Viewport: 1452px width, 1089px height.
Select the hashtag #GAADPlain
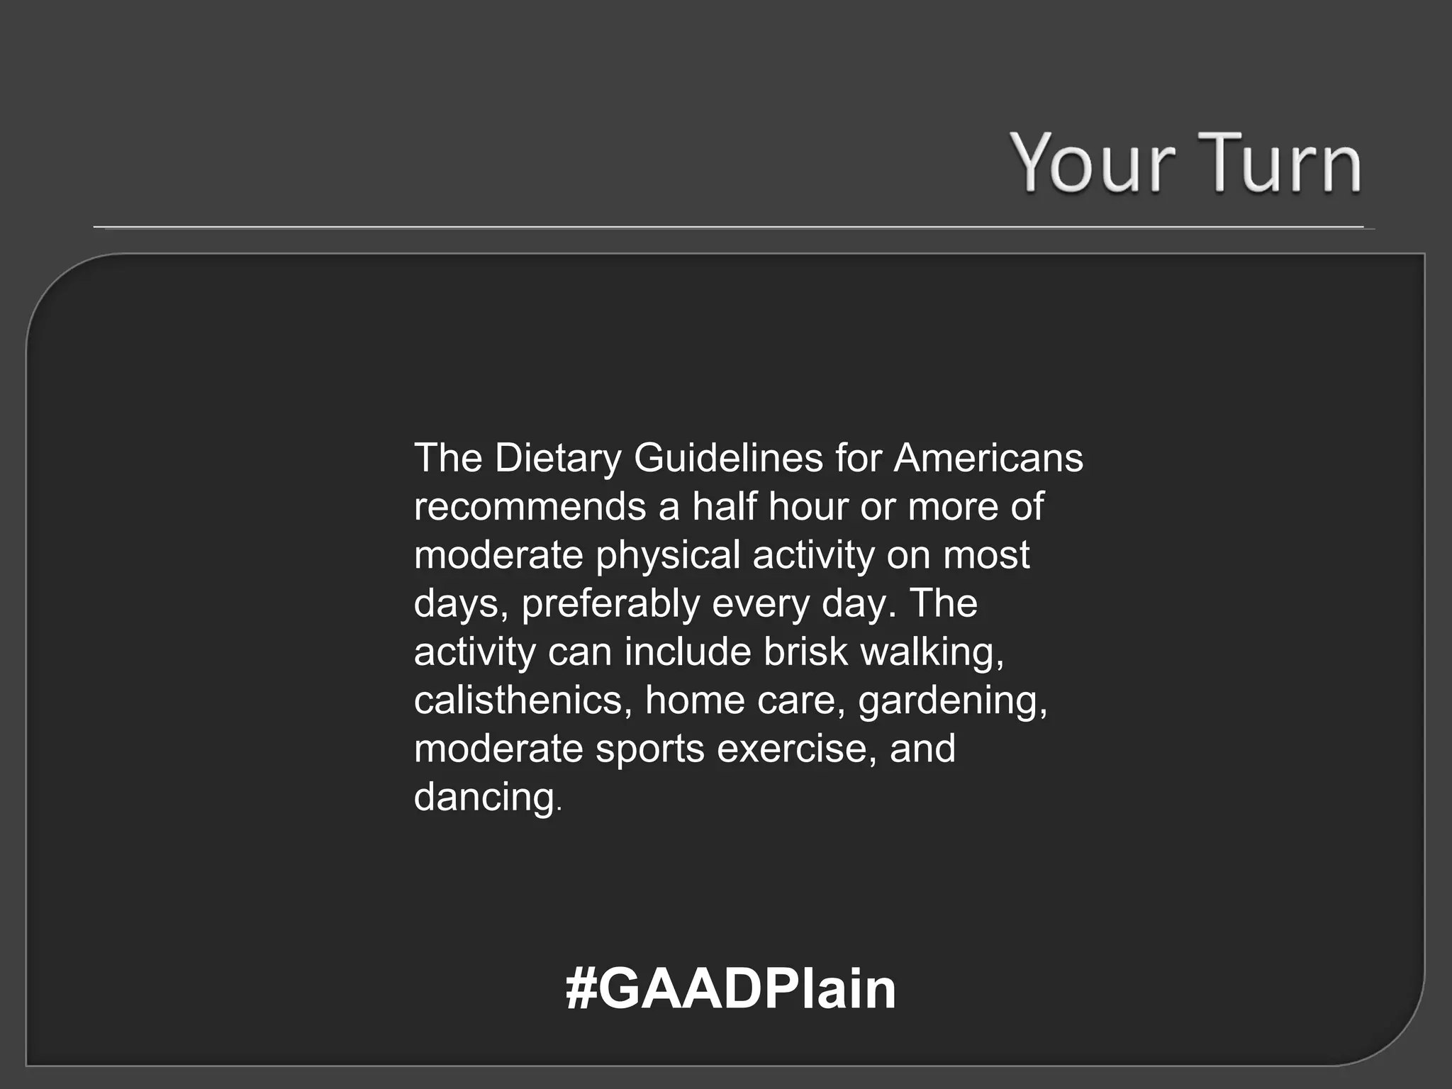(x=731, y=989)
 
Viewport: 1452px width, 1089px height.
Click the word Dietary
(x=557, y=459)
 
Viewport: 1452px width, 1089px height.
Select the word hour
(x=808, y=507)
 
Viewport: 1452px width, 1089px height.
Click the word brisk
(x=805, y=652)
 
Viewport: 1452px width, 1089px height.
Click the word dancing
(x=486, y=798)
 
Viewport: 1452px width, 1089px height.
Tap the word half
(x=723, y=507)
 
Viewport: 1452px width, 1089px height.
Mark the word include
(x=687, y=652)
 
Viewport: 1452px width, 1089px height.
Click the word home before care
(x=694, y=700)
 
